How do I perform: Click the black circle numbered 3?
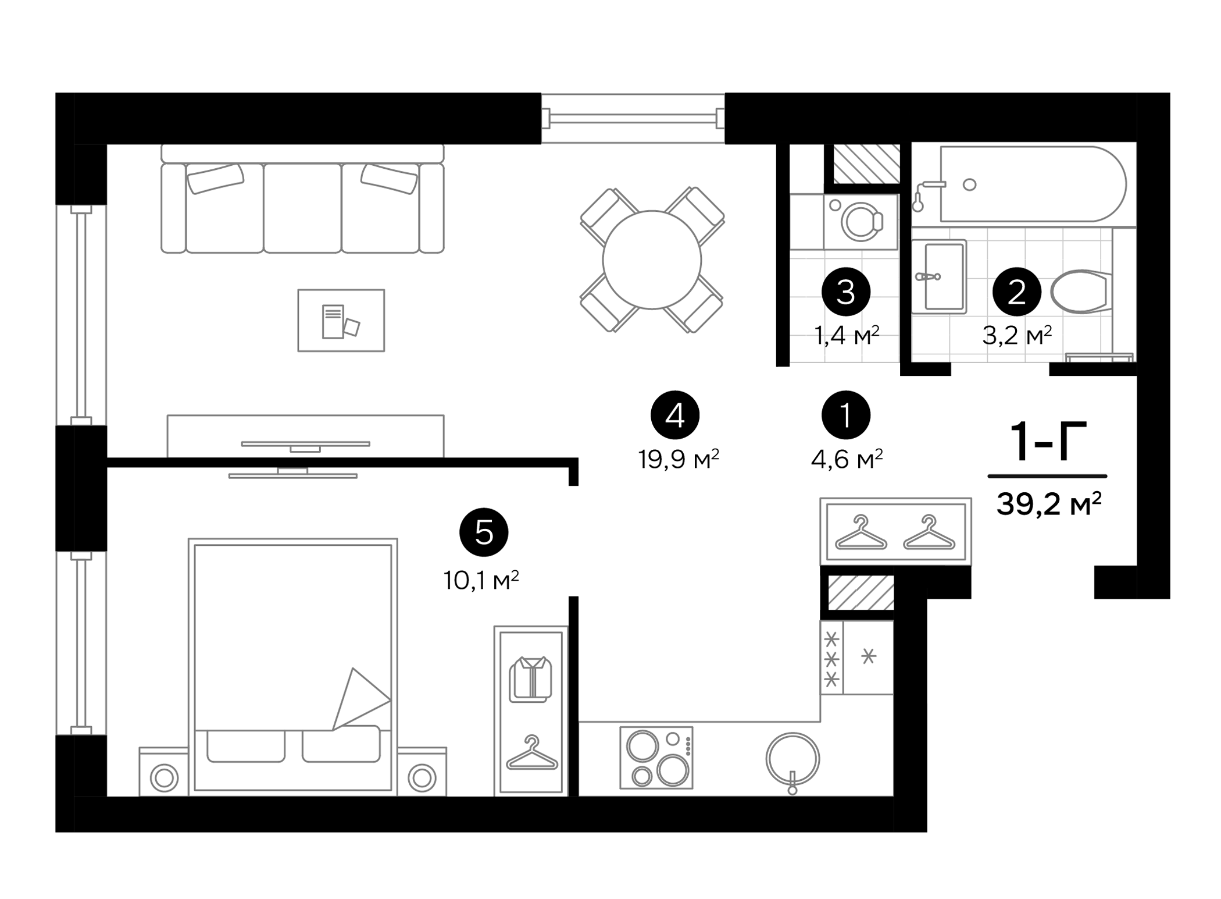[x=845, y=292]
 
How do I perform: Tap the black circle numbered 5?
[x=484, y=532]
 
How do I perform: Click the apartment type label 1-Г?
[x=1048, y=442]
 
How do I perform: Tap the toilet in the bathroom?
[x=1079, y=292]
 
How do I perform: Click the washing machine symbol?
[x=861, y=222]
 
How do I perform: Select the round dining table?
[x=652, y=260]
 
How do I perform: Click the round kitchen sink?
[x=792, y=758]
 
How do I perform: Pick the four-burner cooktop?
[x=656, y=758]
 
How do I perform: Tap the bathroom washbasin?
[x=939, y=276]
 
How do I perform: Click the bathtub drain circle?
[x=969, y=185]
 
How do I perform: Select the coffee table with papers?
[x=341, y=321]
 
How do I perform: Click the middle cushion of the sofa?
[x=302, y=208]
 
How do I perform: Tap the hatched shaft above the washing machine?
[x=866, y=164]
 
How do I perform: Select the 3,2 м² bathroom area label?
[x=1017, y=335]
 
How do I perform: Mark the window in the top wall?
[x=633, y=119]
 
